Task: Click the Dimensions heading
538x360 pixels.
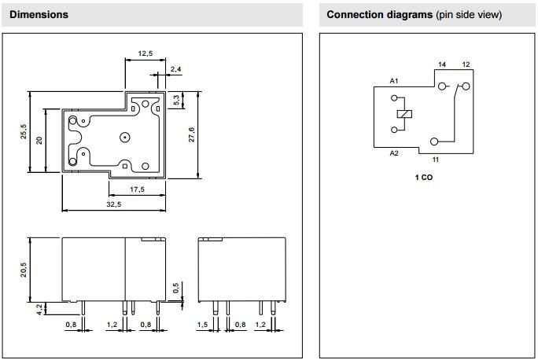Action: coord(39,15)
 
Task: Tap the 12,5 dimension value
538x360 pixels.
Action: coord(145,53)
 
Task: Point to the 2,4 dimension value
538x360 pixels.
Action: coord(175,69)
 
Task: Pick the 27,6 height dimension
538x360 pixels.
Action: coord(191,134)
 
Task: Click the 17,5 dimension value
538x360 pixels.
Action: coord(137,189)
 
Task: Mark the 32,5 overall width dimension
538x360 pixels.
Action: coord(113,204)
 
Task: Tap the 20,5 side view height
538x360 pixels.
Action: coord(24,269)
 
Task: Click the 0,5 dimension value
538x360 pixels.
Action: coord(176,288)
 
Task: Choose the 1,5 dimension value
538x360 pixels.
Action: coord(203,324)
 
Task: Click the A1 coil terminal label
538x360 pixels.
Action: coord(394,81)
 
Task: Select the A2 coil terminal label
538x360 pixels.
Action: coord(394,153)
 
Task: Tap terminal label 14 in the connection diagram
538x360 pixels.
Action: coord(441,64)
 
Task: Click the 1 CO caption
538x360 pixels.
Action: coord(424,178)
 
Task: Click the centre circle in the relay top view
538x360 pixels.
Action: coord(124,138)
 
